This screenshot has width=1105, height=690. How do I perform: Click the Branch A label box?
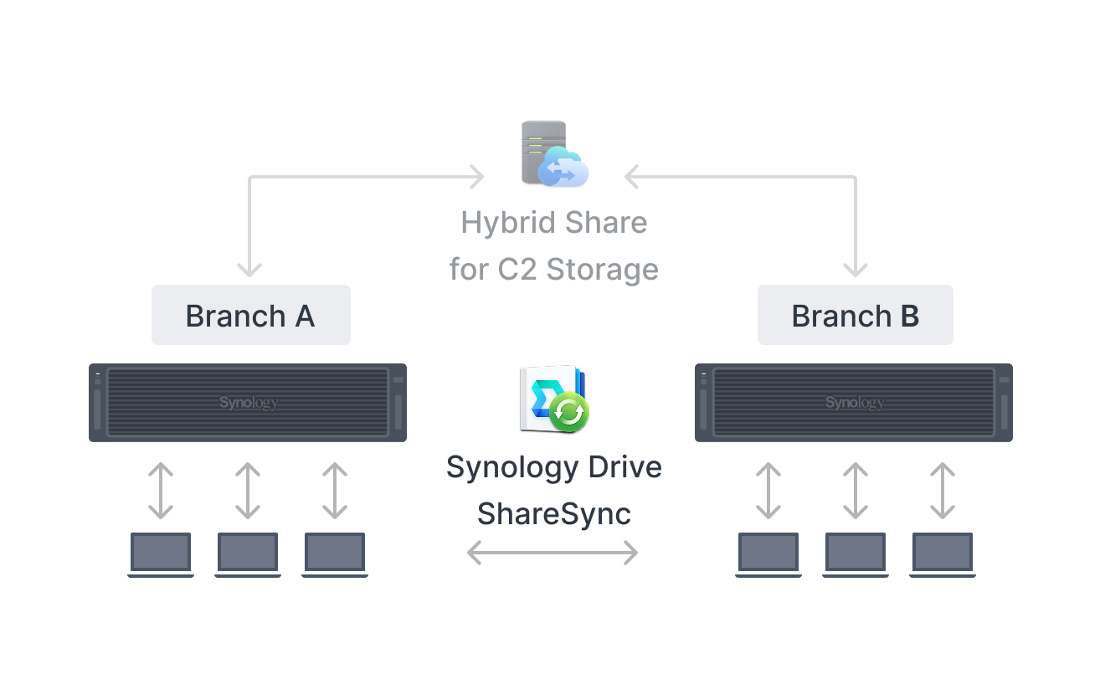pyautogui.click(x=250, y=315)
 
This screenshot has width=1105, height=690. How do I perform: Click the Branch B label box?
pyautogui.click(x=856, y=315)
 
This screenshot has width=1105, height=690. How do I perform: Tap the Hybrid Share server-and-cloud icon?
pyautogui.click(x=554, y=153)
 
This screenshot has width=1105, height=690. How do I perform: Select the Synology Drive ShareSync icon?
pyautogui.click(x=554, y=399)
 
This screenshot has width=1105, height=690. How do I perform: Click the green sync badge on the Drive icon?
pyautogui.click(x=568, y=412)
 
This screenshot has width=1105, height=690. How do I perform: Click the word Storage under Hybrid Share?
pyautogui.click(x=603, y=270)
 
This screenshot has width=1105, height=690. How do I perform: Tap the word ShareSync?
pyautogui.click(x=554, y=514)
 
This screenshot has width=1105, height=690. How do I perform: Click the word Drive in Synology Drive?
pyautogui.click(x=625, y=467)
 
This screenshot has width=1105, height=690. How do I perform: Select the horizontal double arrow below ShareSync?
pyautogui.click(x=552, y=553)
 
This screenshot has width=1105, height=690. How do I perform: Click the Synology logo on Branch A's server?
pyautogui.click(x=249, y=403)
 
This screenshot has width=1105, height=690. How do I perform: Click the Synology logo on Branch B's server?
pyautogui.click(x=855, y=403)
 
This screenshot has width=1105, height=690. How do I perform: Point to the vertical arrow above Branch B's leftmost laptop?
pyautogui.click(x=768, y=491)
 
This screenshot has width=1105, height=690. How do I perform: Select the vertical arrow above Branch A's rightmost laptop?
pyautogui.click(x=335, y=491)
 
